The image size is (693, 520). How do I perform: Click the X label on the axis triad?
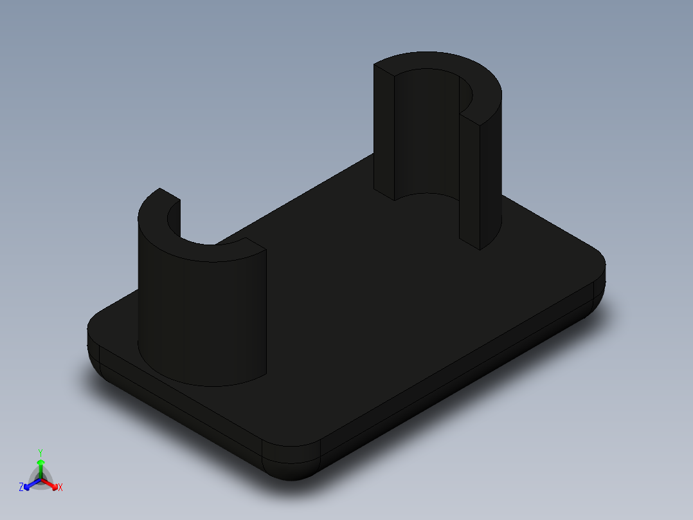point(60,488)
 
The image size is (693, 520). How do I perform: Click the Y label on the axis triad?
point(40,452)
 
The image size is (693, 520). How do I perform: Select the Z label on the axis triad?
point(21,487)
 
